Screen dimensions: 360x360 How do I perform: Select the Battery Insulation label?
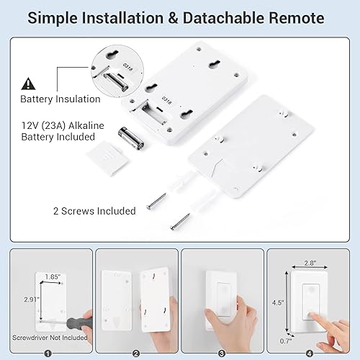tap(60, 99)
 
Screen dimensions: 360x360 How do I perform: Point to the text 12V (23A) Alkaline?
tap(62, 125)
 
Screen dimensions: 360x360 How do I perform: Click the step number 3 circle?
tap(222, 353)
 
